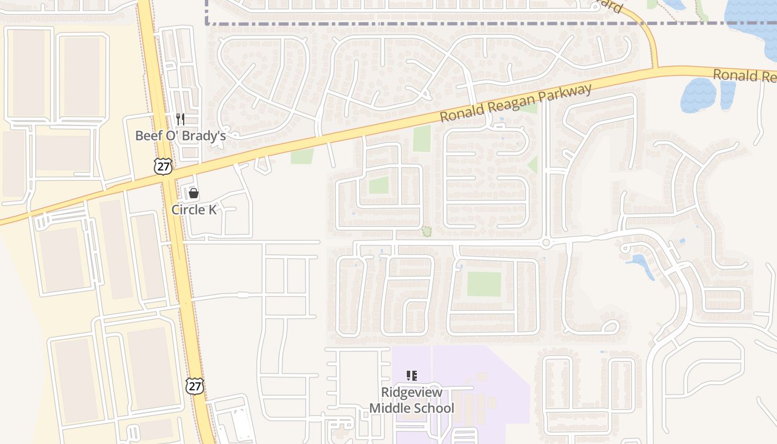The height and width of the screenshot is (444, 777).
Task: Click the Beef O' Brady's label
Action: (180, 135)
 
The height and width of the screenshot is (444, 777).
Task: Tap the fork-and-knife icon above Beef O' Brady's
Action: (180, 119)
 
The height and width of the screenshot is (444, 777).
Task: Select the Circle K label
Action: (194, 209)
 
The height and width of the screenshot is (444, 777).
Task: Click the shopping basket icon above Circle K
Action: (194, 193)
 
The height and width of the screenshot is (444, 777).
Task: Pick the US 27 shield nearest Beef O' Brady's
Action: (164, 166)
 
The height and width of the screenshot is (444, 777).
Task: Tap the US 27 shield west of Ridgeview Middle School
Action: (195, 386)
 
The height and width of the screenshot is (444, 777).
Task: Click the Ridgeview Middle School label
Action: (412, 400)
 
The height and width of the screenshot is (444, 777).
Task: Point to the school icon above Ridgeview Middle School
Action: (412, 376)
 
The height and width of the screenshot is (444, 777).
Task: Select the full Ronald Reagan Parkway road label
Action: (516, 104)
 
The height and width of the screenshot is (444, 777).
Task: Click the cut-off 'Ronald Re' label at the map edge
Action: (744, 75)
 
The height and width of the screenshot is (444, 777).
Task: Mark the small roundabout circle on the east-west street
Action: (546, 243)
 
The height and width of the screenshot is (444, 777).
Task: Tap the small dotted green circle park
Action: (427, 231)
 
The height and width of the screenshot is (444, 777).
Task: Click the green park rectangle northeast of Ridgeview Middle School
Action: (484, 284)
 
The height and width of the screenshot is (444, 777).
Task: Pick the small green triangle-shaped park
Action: (533, 165)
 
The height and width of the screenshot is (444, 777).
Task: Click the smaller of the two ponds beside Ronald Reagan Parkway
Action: (728, 94)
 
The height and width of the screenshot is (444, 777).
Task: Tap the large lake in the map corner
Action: (755, 22)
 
